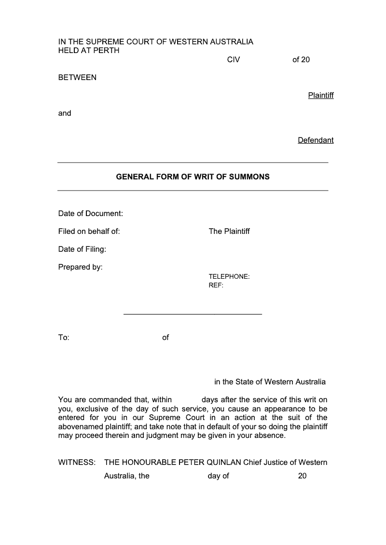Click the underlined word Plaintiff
click(x=321, y=95)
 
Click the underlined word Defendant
click(x=316, y=140)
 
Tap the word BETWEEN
click(x=77, y=78)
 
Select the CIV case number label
click(x=234, y=60)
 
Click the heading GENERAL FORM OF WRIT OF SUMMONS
click(x=193, y=177)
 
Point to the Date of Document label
click(x=91, y=213)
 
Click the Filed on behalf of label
click(x=89, y=232)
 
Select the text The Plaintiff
click(x=229, y=232)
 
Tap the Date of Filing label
click(x=82, y=249)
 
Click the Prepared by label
click(x=81, y=267)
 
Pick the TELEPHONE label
click(x=229, y=277)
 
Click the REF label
click(x=216, y=285)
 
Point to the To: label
click(x=64, y=338)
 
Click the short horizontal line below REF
click(x=193, y=314)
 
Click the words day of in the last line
click(x=218, y=476)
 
